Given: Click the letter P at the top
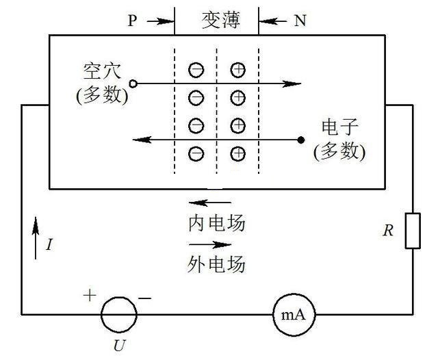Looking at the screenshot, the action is coord(132,21).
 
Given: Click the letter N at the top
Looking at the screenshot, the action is coord(300,21).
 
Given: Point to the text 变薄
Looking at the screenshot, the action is coord(220,20).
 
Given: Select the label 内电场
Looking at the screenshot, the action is coord(217,223).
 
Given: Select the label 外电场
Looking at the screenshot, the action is coord(216,264).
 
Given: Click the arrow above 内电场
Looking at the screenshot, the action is coord(210,203).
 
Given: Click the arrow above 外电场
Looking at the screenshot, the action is coord(210,244).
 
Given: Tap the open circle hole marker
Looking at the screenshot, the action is coord(133,83).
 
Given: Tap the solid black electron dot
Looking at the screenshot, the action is coord(301,140).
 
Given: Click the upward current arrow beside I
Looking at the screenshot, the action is coord(36,238).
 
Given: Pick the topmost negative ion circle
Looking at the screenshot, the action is coord(196,70).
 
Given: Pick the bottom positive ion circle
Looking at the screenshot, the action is coord(238,153).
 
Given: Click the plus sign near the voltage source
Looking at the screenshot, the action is coord(90,296).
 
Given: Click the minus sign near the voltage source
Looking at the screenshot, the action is coord(144,298).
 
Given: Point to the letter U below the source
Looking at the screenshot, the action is coord(120,346).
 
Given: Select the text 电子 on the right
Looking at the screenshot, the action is coord(340,127).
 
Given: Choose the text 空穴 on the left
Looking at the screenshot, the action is coord(102,70).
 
